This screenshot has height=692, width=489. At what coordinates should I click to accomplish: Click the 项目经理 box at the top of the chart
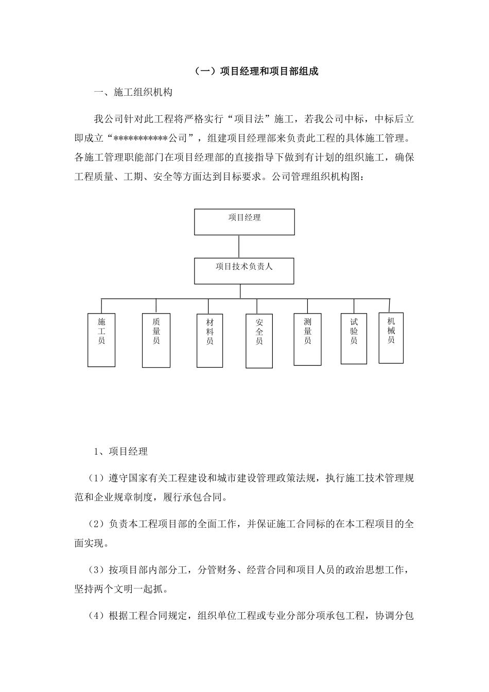point(244,222)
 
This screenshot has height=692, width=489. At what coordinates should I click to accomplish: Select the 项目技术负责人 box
point(244,271)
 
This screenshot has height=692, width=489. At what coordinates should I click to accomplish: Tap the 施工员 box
point(101,340)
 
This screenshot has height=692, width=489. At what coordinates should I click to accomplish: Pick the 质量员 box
point(156,340)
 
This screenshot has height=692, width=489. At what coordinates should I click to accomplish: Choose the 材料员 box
point(210,340)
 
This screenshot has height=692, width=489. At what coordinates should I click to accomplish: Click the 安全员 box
point(259,341)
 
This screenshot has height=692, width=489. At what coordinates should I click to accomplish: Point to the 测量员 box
point(308,339)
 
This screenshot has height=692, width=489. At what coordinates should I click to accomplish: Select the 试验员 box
point(354,338)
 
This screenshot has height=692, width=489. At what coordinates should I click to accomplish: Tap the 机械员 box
point(391,337)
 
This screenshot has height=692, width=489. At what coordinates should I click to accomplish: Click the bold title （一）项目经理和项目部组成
point(256,71)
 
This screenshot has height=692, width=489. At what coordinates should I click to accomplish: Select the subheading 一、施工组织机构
point(133,93)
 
